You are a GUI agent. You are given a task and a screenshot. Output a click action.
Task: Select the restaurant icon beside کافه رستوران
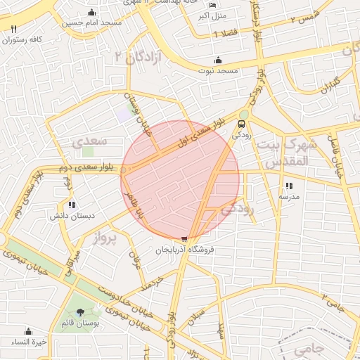tap(14, 29)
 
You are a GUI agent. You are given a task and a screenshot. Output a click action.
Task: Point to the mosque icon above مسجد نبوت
tap(218, 60)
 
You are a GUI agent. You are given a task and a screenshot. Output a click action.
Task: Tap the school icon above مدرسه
tap(289, 186)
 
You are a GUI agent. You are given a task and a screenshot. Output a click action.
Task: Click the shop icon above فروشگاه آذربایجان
tap(184, 239)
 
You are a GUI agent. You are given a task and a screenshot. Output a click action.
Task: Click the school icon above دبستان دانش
tap(72, 205)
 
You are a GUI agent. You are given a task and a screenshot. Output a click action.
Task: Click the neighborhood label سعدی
tap(89, 141)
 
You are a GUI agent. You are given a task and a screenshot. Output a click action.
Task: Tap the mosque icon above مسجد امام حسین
tap(92, 13)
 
